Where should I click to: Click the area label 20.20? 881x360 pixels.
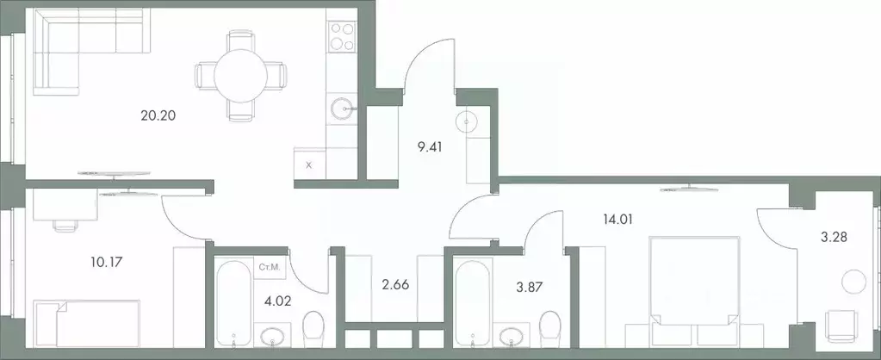(x=158, y=115)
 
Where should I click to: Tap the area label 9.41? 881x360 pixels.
(x=431, y=146)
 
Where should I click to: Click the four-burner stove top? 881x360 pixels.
(x=343, y=37)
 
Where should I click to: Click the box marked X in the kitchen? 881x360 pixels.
(x=309, y=164)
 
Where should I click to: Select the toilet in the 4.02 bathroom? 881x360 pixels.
(x=313, y=332)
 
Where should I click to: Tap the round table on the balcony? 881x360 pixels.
(x=853, y=282)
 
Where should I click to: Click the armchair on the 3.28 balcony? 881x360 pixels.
(x=841, y=328)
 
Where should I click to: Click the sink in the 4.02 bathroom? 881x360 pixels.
(x=274, y=335)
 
